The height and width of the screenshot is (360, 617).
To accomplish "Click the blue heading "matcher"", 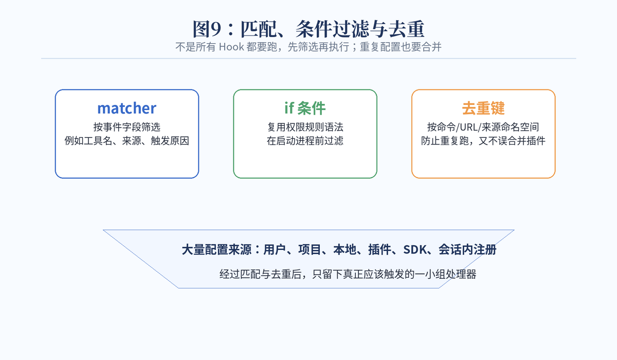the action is tap(126, 108).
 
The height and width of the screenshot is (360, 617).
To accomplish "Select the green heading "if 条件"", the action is tap(305, 108).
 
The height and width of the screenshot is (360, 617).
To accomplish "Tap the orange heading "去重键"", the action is tap(483, 108).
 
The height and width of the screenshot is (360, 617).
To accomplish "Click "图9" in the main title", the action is tap(207, 29).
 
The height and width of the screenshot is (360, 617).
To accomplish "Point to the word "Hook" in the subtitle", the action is tap(231, 47).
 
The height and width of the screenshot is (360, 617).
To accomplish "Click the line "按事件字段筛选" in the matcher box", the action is tap(126, 127).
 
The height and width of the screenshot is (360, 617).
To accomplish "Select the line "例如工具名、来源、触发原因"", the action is tap(126, 141).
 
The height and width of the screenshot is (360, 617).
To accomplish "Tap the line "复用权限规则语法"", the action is tap(305, 127).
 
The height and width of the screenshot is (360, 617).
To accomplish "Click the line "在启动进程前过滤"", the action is tap(305, 141).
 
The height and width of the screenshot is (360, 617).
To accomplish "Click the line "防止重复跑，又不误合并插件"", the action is tap(483, 141).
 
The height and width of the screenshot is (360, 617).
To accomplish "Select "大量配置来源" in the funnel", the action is tap(216, 249).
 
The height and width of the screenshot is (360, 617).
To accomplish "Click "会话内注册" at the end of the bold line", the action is tap(467, 249).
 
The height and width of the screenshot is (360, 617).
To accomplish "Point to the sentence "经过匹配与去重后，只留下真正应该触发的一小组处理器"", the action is tap(348, 274).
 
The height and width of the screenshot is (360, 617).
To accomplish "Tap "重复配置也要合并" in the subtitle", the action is tap(401, 47).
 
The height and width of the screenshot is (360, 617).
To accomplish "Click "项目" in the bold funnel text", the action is tap(310, 249).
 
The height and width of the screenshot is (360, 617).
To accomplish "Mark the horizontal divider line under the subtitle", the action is tap(308, 59).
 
